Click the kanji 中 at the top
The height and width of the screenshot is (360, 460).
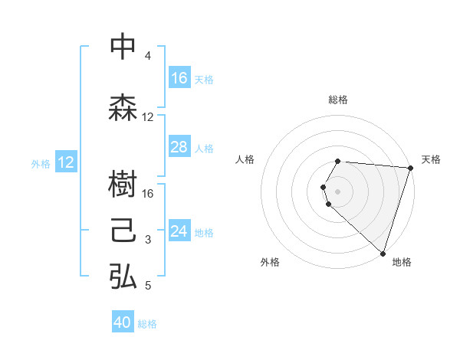click(123, 47)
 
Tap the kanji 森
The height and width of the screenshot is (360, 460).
click(123, 108)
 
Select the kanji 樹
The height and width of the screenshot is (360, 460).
click(123, 185)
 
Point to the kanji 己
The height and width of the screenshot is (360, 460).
click(123, 231)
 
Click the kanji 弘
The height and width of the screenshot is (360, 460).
click(123, 277)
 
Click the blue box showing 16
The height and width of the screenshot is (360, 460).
click(179, 77)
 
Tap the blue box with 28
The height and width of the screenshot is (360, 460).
click(179, 147)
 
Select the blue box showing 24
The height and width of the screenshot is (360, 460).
click(179, 231)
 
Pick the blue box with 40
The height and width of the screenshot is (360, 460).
click(123, 322)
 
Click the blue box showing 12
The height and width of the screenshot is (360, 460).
click(66, 162)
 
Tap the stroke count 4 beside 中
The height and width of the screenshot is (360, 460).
click(147, 56)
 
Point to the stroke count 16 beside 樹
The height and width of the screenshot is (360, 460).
click(148, 194)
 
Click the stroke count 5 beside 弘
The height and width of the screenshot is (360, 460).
click(147, 286)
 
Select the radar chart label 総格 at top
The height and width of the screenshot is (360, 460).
click(338, 100)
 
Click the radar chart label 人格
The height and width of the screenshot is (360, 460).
click(245, 159)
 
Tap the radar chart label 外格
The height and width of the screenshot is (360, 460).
click(270, 262)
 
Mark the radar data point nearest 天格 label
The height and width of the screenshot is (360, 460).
click(410, 168)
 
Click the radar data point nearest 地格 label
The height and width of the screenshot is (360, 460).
click(383, 253)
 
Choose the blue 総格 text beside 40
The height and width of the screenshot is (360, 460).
click(147, 324)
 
